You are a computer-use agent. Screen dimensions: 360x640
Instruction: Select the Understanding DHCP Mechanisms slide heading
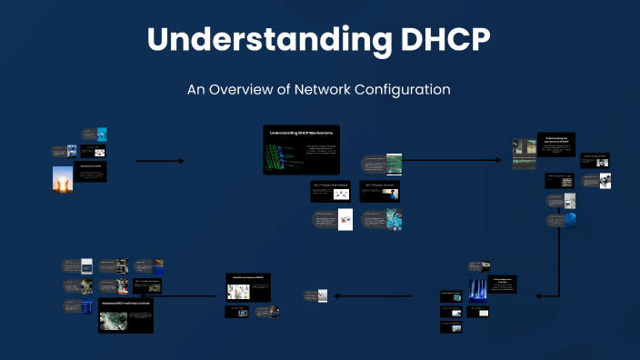click(301, 133)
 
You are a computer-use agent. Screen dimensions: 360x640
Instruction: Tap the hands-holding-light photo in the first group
click(62, 177)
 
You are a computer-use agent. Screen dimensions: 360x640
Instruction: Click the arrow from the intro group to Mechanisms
click(160, 161)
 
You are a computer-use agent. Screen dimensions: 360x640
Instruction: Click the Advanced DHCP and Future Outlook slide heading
click(125, 303)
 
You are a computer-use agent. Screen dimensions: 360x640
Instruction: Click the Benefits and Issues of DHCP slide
click(248, 288)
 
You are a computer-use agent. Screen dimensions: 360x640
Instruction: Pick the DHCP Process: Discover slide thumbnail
click(379, 190)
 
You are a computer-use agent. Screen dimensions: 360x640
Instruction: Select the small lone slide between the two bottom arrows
click(315, 295)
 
